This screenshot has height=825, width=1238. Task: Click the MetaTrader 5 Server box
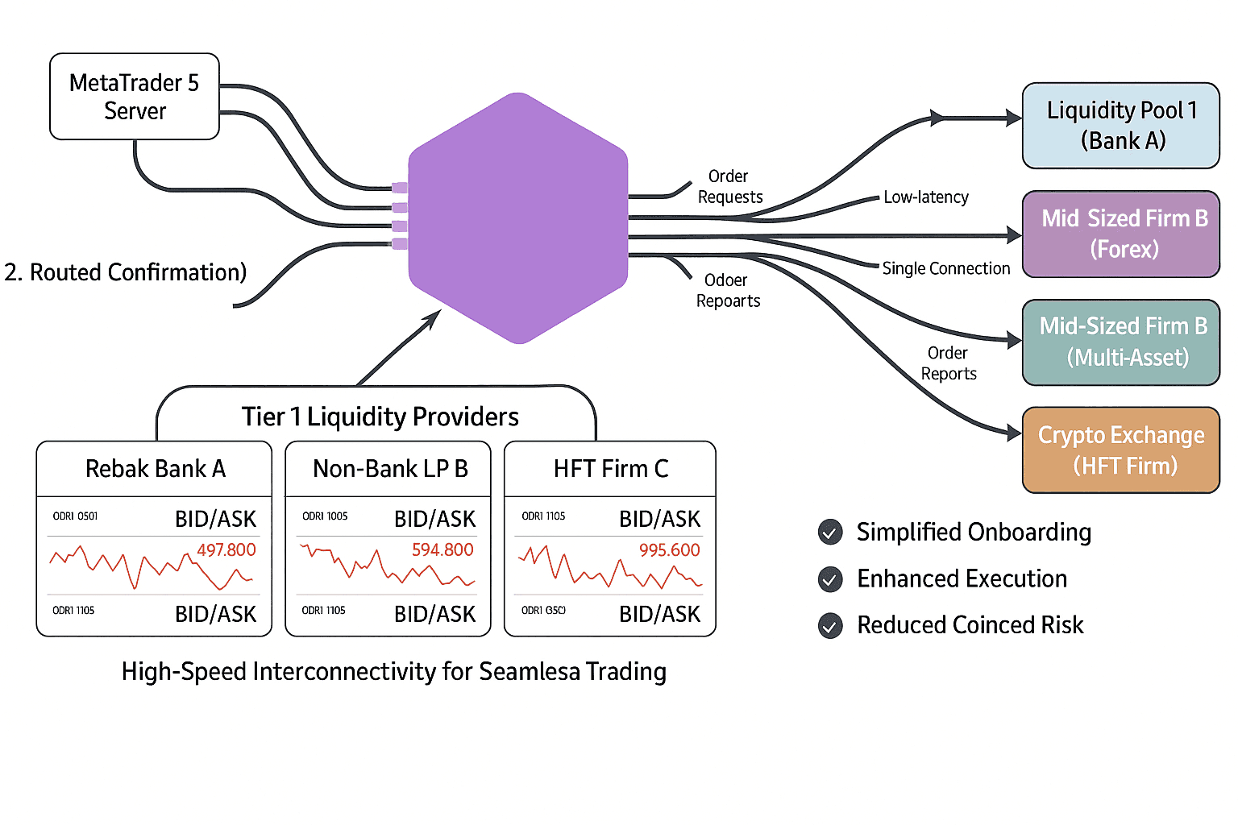click(x=135, y=97)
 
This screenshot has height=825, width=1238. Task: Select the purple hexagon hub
click(x=518, y=218)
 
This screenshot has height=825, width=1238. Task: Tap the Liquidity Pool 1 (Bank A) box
click(x=1120, y=126)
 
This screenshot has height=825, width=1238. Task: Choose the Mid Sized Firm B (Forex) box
click(x=1120, y=234)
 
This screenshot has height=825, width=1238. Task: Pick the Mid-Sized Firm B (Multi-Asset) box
click(x=1120, y=342)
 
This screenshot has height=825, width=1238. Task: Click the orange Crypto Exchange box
click(x=1120, y=450)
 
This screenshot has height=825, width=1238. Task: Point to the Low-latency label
click(x=926, y=197)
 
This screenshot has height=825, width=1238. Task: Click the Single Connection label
click(x=945, y=268)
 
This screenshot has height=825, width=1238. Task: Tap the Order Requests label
click(x=729, y=187)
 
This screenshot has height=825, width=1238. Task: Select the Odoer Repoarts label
click(x=728, y=291)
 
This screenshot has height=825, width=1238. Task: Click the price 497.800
click(x=226, y=550)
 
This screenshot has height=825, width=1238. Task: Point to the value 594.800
click(x=442, y=550)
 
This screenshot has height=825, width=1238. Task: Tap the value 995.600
click(x=669, y=550)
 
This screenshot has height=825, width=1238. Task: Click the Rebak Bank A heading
click(x=156, y=469)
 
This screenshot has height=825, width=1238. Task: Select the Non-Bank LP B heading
click(x=390, y=469)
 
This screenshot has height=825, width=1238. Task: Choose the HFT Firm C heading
click(x=611, y=469)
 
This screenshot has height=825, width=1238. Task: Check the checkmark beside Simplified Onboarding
click(x=830, y=533)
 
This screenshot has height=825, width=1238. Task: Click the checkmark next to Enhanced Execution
click(x=830, y=579)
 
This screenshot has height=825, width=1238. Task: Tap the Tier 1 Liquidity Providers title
click(x=380, y=417)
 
